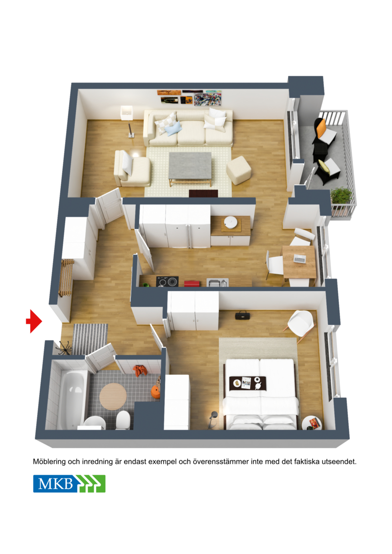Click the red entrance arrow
34,321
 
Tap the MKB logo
69,483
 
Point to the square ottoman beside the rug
239,170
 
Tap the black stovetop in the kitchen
167,282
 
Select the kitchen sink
218,282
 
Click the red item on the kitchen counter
192,283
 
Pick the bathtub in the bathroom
72,399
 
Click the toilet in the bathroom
122,419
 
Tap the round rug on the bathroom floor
113,396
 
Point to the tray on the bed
248,383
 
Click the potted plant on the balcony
342,196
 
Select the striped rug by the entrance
90,338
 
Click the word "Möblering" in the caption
49,461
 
